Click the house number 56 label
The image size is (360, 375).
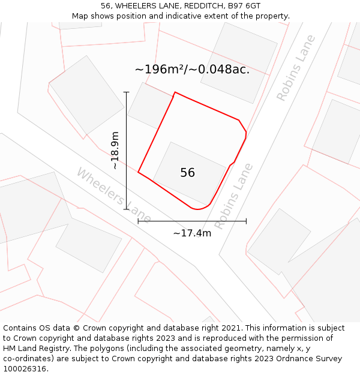pos(187,173)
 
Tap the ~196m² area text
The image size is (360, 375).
pos(159,70)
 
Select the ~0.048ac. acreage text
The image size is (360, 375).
pos(219,70)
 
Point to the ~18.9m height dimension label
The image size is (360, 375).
pos(115,150)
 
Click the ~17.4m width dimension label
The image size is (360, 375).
pos(192,233)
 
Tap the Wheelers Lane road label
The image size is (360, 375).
pos(113,195)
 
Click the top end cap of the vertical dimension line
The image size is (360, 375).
pos(126,92)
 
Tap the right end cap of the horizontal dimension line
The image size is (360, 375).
pos(246,221)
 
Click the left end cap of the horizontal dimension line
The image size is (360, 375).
pos(138,221)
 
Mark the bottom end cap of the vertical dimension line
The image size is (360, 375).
pos(126,209)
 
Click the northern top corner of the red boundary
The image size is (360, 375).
pos(175,92)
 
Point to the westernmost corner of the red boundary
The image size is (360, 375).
pos(138,172)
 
